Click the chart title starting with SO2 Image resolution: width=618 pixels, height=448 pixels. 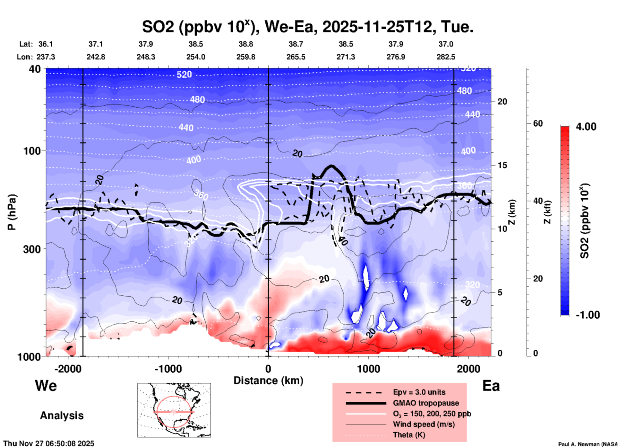[307, 27]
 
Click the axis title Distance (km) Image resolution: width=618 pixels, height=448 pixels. [268, 381]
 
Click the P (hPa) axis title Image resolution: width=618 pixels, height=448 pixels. [12, 212]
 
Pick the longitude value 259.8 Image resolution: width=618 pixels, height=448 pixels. [246, 57]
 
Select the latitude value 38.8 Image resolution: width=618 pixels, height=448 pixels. [246, 44]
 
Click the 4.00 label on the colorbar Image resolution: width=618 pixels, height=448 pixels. [586, 127]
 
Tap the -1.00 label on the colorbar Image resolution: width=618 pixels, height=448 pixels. [588, 315]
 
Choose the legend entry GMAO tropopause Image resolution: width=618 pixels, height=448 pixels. [426, 403]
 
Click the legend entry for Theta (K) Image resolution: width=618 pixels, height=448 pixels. [409, 435]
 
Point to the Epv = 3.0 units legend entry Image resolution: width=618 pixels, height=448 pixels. [419, 392]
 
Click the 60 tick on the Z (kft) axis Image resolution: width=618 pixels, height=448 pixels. [538, 123]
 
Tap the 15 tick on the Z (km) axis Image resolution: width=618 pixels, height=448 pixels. [502, 165]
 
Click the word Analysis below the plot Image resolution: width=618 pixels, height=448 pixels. [62, 415]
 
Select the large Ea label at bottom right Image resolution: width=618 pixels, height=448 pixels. [491, 386]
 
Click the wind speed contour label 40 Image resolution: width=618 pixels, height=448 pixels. [343, 241]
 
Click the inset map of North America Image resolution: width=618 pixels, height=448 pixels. [174, 410]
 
